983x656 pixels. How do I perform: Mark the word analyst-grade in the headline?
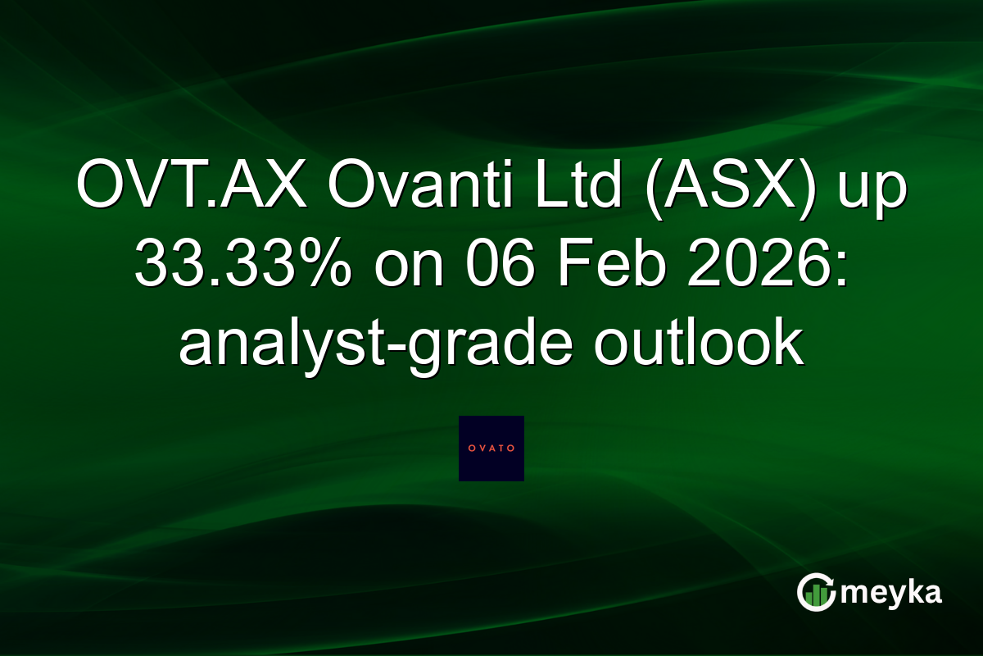coord(380,344)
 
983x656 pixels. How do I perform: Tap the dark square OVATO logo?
coord(491,448)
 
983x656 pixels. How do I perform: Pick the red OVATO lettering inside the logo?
coord(491,448)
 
